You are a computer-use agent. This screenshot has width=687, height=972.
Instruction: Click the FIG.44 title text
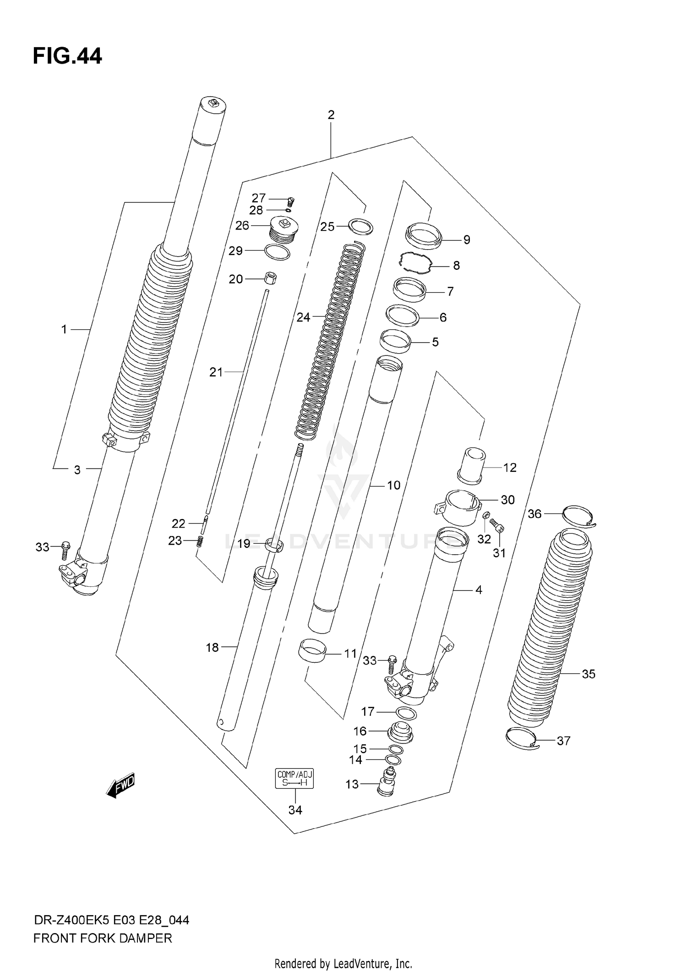coord(67,56)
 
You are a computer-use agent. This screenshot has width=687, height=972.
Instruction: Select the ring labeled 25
coord(360,226)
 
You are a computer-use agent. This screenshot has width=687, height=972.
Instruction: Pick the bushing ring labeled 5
coord(395,342)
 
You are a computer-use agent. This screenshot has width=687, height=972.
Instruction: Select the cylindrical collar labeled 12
coord(471,465)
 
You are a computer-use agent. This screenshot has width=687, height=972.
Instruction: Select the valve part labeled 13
coord(386,783)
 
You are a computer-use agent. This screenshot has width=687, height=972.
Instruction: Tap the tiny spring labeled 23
coord(200,541)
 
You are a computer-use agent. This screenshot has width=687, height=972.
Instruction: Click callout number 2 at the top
coord(331,115)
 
